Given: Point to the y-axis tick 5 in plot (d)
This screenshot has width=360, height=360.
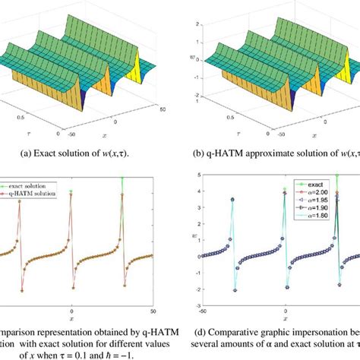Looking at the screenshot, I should [196, 177].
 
